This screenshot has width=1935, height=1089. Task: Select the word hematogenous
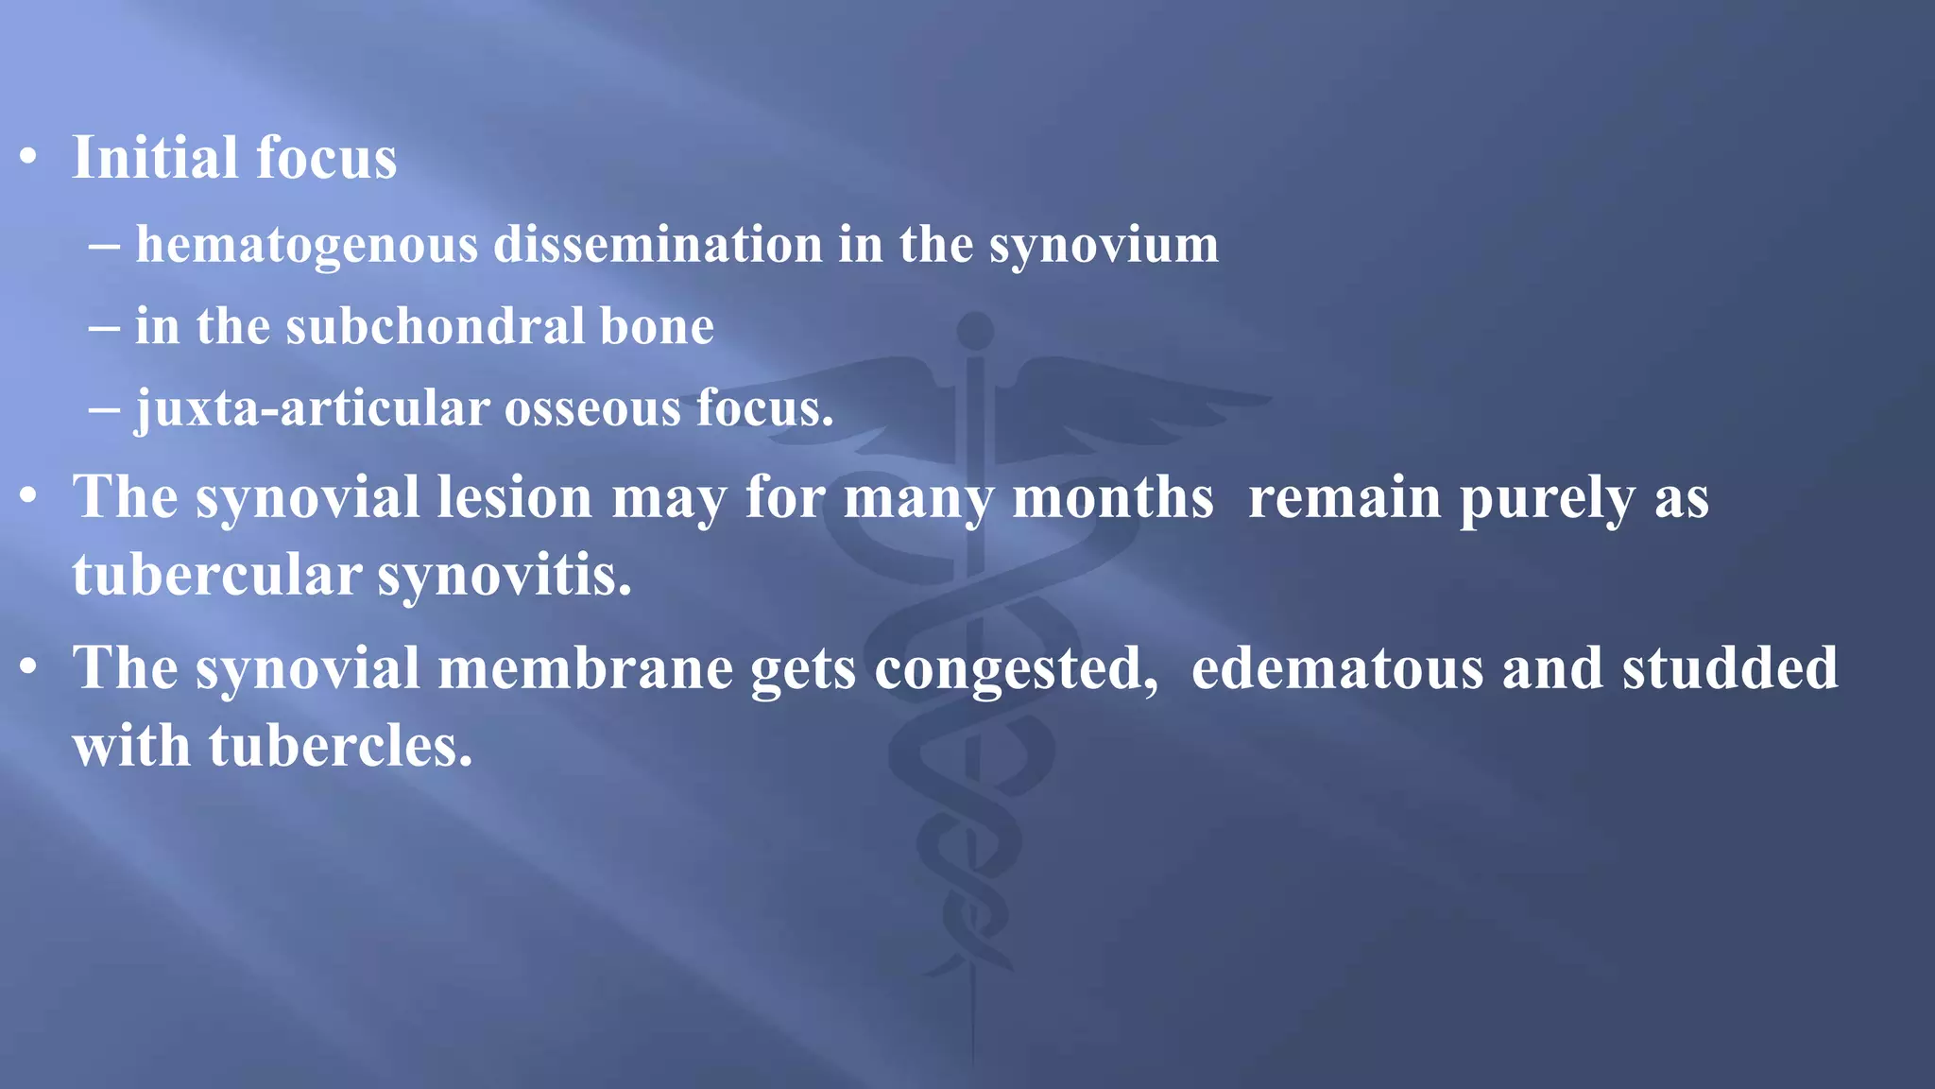click(x=306, y=245)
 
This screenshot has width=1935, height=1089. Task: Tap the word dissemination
click(x=658, y=245)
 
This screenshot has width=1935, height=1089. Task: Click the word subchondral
click(x=435, y=326)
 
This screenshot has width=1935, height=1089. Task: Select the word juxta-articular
click(x=312, y=409)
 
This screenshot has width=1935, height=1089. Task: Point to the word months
click(x=1112, y=497)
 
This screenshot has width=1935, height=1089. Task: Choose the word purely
click(x=1546, y=499)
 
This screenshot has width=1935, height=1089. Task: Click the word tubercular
click(x=216, y=575)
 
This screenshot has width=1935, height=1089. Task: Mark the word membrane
click(x=585, y=668)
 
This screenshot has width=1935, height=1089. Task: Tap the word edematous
click(x=1337, y=668)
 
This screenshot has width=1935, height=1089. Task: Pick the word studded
click(x=1729, y=668)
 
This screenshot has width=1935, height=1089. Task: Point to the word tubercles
click(x=339, y=746)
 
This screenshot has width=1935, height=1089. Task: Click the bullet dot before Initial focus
click(x=29, y=157)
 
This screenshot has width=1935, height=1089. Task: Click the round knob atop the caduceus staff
click(x=974, y=331)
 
